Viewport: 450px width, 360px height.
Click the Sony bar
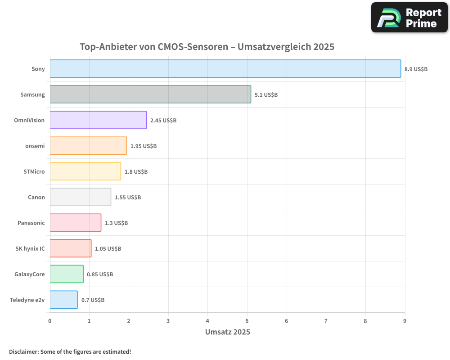click(225, 69)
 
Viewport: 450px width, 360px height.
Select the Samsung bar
click(150, 94)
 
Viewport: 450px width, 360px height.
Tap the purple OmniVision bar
click(98, 120)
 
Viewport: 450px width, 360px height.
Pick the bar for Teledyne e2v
click(63, 300)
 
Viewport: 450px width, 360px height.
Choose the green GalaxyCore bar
click(67, 274)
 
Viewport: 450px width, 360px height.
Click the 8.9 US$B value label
click(416, 69)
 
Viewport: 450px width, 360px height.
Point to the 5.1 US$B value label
click(266, 95)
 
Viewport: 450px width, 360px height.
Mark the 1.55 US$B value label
click(128, 198)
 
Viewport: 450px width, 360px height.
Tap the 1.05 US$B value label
click(108, 249)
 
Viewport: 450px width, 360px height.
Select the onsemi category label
click(35, 146)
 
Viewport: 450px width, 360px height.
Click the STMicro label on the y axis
click(34, 171)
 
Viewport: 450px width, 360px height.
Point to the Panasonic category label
click(31, 223)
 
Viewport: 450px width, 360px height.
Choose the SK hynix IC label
click(30, 248)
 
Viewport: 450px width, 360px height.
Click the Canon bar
click(80, 197)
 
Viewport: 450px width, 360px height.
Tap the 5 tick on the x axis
click(247, 321)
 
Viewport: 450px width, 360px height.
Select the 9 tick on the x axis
click(405, 321)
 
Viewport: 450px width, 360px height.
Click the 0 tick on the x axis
click(50, 321)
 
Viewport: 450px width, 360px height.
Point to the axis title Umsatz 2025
click(227, 332)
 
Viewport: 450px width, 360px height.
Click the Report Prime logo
click(409, 18)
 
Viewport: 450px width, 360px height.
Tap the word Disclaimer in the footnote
click(23, 351)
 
